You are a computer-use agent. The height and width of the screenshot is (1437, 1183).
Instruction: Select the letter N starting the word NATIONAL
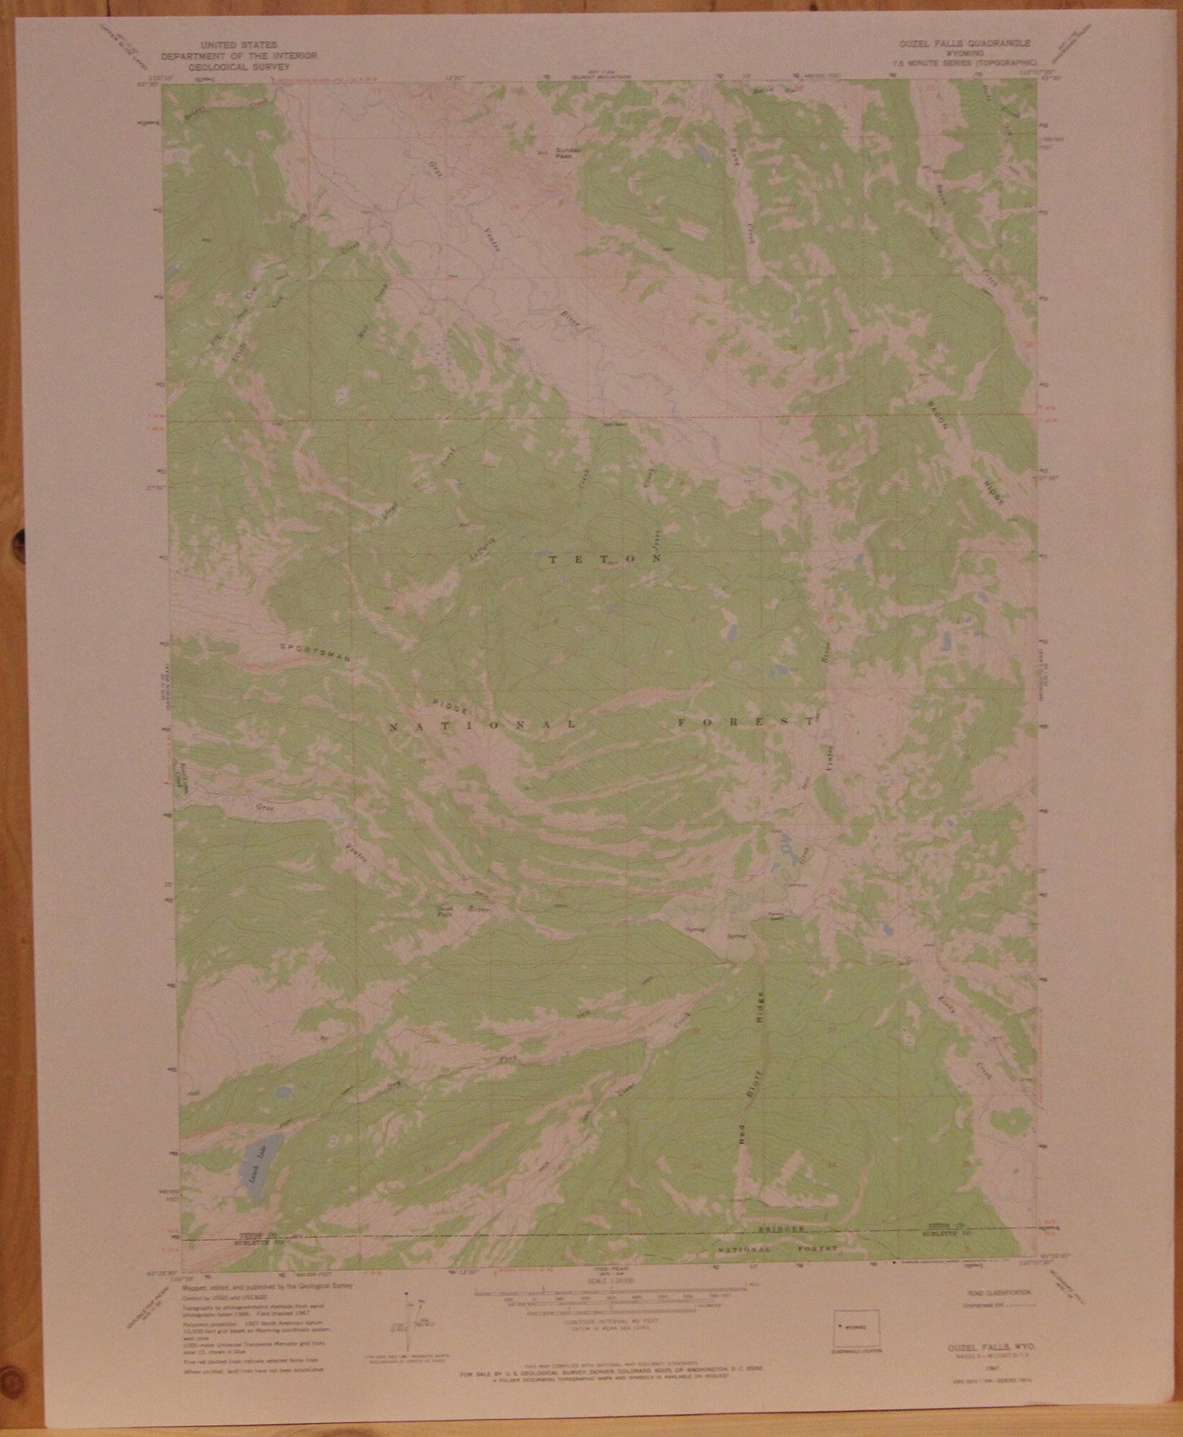pos(393,729)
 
